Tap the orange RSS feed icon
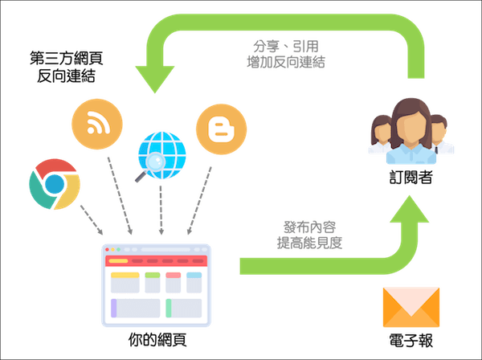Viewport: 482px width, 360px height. (97, 125)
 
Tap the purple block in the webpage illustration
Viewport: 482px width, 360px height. (115, 307)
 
